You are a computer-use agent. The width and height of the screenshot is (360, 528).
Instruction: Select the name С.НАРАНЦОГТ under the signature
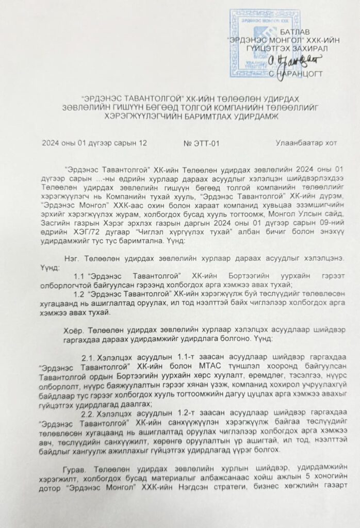tap(297, 74)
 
